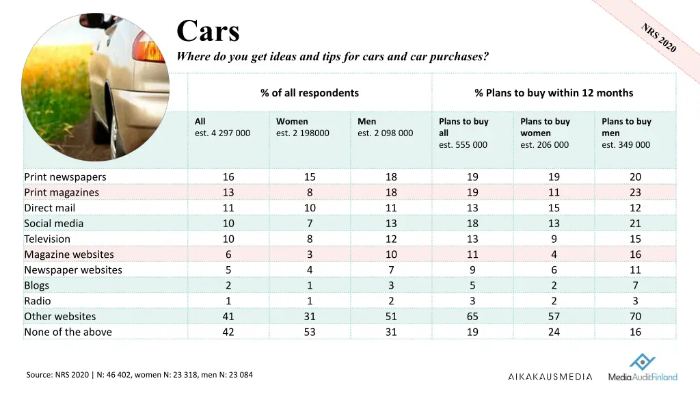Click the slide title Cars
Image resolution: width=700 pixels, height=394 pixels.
pos(208,31)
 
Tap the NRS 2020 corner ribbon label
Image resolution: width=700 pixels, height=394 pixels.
pos(658,38)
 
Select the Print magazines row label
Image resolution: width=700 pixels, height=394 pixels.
pos(62,192)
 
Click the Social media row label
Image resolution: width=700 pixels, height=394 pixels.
pos(54,223)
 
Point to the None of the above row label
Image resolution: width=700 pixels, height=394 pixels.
pos(68,332)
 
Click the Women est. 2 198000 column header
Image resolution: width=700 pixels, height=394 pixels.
pos(302,127)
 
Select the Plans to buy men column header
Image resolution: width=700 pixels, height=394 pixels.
pos(626,133)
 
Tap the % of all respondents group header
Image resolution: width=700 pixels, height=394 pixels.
pos(310,93)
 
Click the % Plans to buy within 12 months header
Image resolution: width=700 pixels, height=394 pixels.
pos(554,93)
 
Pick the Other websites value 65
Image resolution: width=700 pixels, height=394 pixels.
pos(472,316)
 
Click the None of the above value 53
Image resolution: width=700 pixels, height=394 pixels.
pos(310,332)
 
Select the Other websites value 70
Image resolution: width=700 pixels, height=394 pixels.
pos(635,316)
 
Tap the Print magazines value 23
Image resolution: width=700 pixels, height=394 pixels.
pos(635,192)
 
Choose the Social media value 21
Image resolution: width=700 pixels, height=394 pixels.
pos(635,223)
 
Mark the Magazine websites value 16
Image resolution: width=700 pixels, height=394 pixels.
pos(635,254)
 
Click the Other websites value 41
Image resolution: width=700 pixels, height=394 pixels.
pos(228,316)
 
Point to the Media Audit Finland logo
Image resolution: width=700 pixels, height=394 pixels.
pos(643,368)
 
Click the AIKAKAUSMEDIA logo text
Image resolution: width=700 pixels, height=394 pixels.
pos(550,376)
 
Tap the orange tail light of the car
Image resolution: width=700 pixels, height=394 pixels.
pos(151,49)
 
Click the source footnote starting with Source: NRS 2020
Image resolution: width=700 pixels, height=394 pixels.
pos(139,374)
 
